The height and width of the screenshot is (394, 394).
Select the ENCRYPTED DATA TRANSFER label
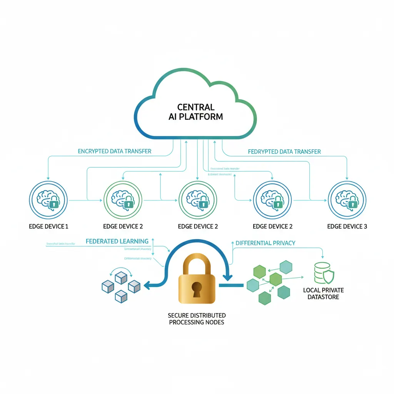(x=115, y=151)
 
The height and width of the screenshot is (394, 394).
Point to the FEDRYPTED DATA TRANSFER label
(x=284, y=151)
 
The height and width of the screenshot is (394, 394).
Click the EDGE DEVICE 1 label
(x=48, y=226)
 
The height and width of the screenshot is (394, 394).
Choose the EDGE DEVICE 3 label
(x=347, y=226)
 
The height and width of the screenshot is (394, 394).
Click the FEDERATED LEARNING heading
(x=117, y=241)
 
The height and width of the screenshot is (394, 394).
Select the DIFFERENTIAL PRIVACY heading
(x=265, y=243)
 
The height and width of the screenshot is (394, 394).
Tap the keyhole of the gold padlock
(x=197, y=288)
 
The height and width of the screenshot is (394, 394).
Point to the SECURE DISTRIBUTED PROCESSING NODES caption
(x=197, y=318)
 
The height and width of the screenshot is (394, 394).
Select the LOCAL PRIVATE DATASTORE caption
(x=323, y=294)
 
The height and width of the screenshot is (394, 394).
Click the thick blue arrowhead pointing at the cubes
(x=147, y=285)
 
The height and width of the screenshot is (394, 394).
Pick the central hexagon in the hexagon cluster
(x=276, y=279)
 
